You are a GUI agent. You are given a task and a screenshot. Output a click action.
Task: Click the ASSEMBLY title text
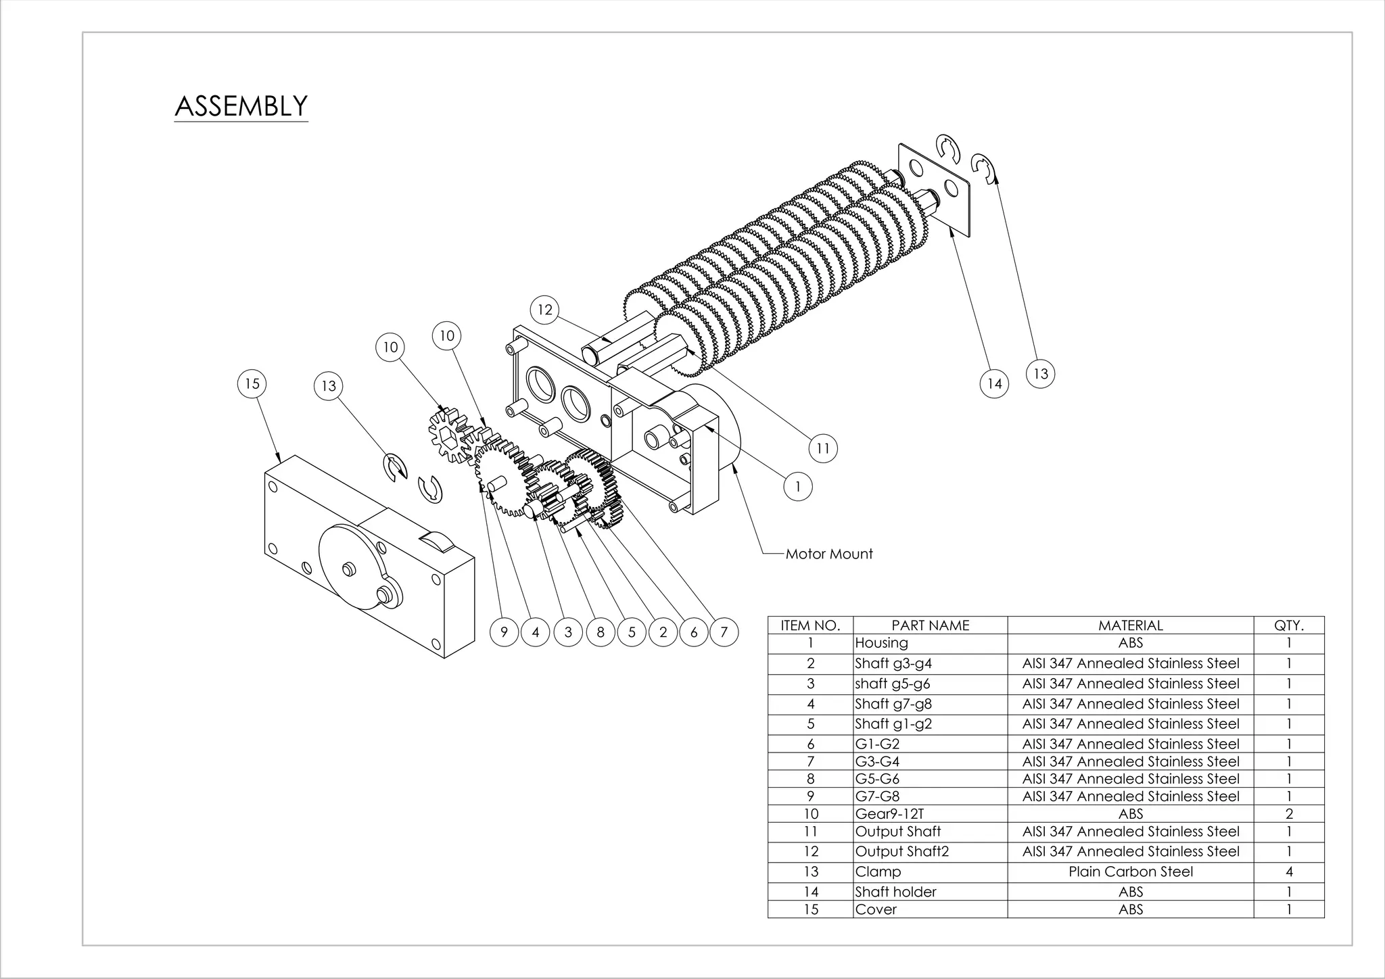coord(241,106)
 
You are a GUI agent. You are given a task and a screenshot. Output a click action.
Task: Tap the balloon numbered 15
coord(252,384)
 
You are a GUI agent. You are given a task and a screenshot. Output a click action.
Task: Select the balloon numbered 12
coord(544,310)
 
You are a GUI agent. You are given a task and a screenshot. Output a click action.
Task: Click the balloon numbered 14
coord(994,384)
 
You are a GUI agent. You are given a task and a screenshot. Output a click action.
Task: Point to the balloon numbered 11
coord(823,448)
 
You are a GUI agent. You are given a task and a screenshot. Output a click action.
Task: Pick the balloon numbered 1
coord(798,487)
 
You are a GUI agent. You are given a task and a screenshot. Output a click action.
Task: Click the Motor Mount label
coord(829,554)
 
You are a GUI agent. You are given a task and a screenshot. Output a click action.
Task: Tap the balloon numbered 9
coord(504,632)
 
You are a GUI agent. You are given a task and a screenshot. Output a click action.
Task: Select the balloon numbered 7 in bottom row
coord(724,632)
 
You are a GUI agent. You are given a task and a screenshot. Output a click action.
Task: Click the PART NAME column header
coord(930,625)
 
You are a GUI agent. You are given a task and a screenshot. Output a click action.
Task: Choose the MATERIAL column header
coord(1130,625)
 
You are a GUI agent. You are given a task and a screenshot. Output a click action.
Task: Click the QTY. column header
coord(1288,625)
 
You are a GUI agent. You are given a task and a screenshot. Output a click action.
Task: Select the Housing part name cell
coord(881,643)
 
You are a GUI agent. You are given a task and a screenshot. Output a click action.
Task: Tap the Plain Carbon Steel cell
coord(1130,871)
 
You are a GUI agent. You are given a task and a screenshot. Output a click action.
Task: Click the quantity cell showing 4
coord(1288,871)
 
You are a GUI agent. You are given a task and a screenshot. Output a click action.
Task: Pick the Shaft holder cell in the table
coord(895,892)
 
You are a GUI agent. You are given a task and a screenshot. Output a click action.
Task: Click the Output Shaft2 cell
coord(901,851)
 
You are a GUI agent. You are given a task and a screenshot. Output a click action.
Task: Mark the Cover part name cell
coord(876,909)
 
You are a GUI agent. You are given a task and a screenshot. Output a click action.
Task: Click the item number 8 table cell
coord(810,779)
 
